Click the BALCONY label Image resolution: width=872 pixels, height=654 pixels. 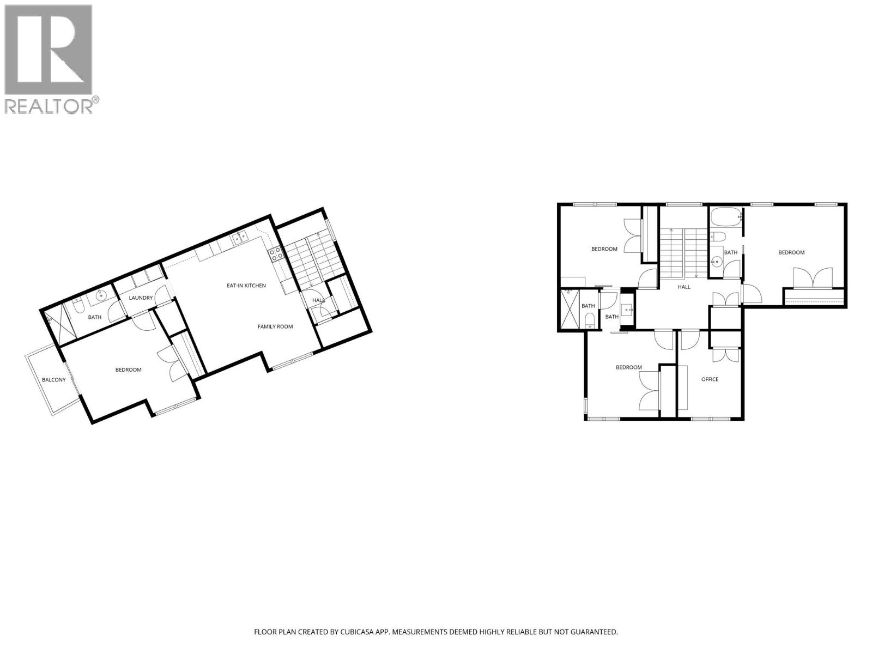pyautogui.click(x=54, y=380)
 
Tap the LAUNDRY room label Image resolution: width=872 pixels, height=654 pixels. pyautogui.click(x=141, y=298)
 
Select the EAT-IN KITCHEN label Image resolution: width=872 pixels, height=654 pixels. pyautogui.click(x=246, y=285)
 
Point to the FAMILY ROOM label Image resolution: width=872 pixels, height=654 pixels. pyautogui.click(x=275, y=326)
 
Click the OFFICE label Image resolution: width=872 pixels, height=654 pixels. pyautogui.click(x=710, y=379)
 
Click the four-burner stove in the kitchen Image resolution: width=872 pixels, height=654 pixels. pyautogui.click(x=275, y=252)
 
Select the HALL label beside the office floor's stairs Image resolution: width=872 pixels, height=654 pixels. pyautogui.click(x=683, y=287)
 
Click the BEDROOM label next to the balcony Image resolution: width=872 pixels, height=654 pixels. pyautogui.click(x=128, y=370)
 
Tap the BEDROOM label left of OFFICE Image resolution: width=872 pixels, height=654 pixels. pyautogui.click(x=629, y=367)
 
